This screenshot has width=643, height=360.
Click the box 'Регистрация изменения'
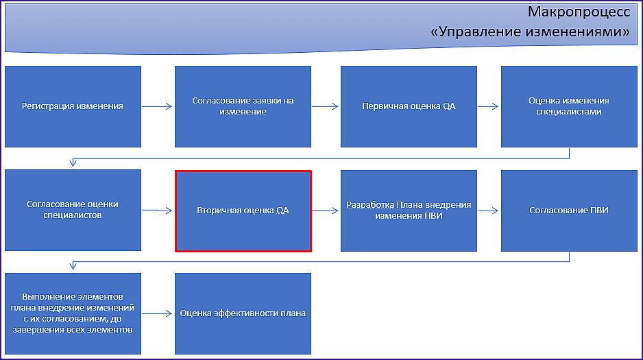pos(73,106)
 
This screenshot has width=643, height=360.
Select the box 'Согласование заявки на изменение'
pos(243,106)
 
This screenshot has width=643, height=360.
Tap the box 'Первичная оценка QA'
pos(409,106)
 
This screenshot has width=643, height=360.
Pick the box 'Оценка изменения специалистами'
pos(569,106)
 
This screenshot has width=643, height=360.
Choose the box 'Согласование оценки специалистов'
pos(73,210)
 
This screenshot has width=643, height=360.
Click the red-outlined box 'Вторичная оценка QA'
pos(243,211)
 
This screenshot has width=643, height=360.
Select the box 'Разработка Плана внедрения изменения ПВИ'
pos(409,211)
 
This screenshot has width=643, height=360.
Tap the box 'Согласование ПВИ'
pos(569,211)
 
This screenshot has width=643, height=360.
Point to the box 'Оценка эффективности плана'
pos(243,313)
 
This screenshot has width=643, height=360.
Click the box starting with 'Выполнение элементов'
pos(73,313)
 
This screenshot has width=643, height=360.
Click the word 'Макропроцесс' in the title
pos(579,12)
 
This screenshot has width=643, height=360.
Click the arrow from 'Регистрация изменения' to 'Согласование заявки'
pos(157,106)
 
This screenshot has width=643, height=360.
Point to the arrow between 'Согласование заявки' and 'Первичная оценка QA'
pos(325,106)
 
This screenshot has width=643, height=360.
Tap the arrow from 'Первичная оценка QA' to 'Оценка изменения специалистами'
pos(488,106)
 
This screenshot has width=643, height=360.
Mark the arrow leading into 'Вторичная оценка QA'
pos(157,211)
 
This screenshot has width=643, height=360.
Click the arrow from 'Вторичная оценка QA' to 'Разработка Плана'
pos(325,211)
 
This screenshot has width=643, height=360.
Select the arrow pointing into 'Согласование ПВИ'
pos(488,211)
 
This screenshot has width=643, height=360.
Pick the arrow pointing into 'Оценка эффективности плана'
pos(157,313)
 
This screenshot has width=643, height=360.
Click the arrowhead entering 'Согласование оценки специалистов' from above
pos(73,163)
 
